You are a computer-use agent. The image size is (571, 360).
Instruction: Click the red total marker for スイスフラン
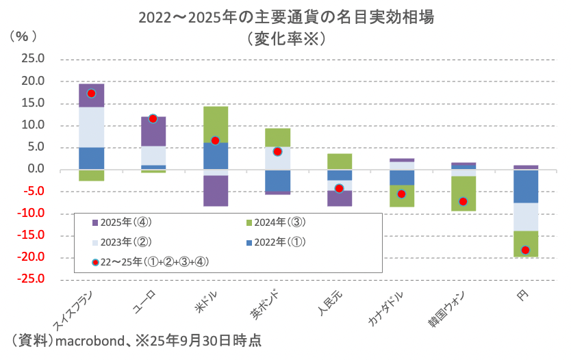pyautogui.click(x=91, y=93)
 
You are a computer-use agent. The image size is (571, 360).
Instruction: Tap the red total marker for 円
pyautogui.click(x=525, y=250)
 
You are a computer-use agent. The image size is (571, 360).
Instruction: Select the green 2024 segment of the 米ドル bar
pyautogui.click(x=215, y=124)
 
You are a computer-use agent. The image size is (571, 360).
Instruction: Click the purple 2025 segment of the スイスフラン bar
pyautogui.click(x=91, y=95)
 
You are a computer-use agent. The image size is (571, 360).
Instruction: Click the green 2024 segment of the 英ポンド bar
pyautogui.click(x=277, y=138)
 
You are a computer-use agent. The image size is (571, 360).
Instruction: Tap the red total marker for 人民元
pyautogui.click(x=339, y=188)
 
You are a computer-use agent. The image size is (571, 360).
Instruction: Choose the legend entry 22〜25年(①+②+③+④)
pyautogui.click(x=153, y=261)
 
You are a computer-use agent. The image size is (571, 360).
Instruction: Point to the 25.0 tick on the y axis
pyautogui.click(x=33, y=60)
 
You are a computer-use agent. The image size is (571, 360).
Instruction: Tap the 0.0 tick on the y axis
pyautogui.click(x=35, y=170)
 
